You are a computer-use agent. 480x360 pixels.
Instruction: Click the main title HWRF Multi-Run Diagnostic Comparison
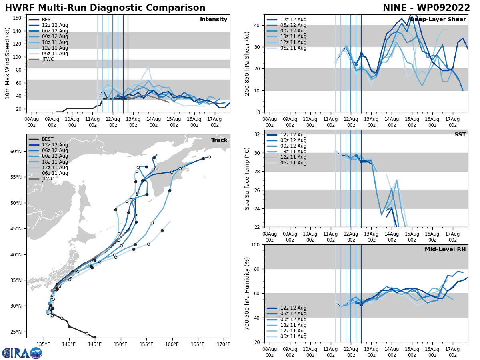pyautogui.click(x=105, y=8)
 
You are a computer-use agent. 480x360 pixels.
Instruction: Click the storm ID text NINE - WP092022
pyautogui.click(x=426, y=8)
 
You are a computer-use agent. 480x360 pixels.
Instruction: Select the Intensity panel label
pyautogui.click(x=214, y=20)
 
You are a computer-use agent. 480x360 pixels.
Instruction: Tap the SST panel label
pyautogui.click(x=460, y=135)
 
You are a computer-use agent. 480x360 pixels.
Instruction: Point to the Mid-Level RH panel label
pyautogui.click(x=445, y=250)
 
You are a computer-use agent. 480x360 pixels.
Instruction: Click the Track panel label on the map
pyautogui.click(x=219, y=140)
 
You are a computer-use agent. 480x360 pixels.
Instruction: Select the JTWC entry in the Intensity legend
pyautogui.click(x=48, y=59)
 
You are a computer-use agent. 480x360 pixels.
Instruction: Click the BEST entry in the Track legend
pyautogui.click(x=48, y=139)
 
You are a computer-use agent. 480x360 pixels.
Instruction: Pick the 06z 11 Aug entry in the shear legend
pyautogui.click(x=293, y=48)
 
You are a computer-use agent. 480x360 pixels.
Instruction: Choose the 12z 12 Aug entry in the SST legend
pyautogui.click(x=293, y=135)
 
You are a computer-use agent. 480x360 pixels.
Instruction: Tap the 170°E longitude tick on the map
pyautogui.click(x=223, y=344)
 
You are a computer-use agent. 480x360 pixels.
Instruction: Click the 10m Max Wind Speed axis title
pyautogui.click(x=7, y=63)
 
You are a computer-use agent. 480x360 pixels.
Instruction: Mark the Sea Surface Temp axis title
pyautogui.click(x=247, y=178)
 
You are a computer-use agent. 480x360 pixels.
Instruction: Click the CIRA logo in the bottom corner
pyautogui.click(x=22, y=353)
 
